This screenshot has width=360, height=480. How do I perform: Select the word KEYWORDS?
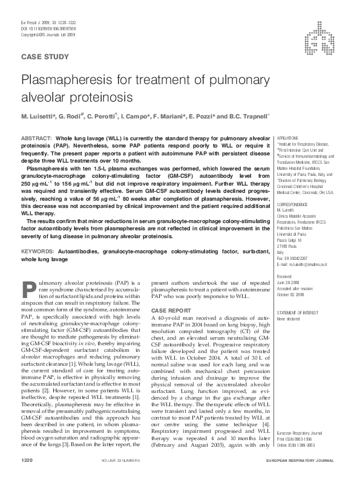tap(39, 249)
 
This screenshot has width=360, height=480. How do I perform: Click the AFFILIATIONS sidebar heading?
tap(288, 138)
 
